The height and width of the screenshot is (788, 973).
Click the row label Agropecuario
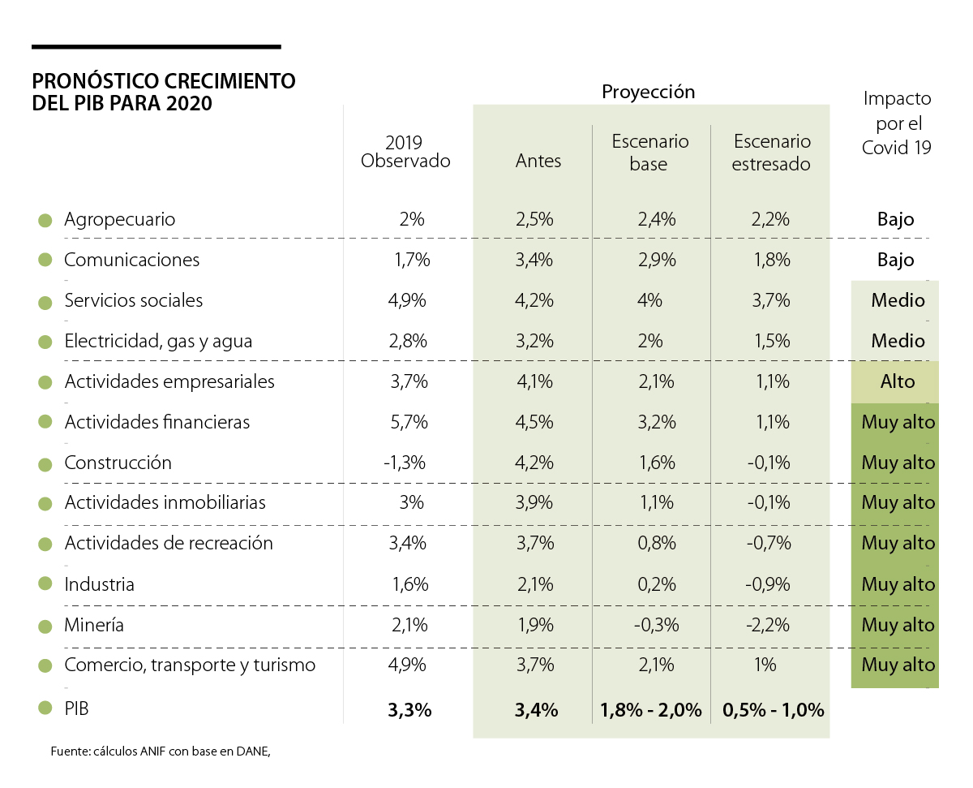(x=119, y=219)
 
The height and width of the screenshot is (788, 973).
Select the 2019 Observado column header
(x=405, y=152)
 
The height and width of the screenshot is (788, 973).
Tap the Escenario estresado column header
(x=771, y=153)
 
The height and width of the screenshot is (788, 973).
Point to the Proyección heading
(x=648, y=92)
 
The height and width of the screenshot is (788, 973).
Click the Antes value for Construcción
(x=534, y=463)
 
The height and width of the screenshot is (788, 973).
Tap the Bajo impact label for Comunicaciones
(x=895, y=260)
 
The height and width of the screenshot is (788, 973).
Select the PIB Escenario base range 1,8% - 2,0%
(x=650, y=710)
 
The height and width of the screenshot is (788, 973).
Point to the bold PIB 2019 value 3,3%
(x=409, y=710)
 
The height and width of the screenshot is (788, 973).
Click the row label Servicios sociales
(x=134, y=300)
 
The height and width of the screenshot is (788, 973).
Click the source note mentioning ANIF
(x=160, y=751)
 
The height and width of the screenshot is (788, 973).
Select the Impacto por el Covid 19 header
(x=897, y=123)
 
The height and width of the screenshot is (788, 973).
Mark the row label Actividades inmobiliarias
(x=165, y=503)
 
